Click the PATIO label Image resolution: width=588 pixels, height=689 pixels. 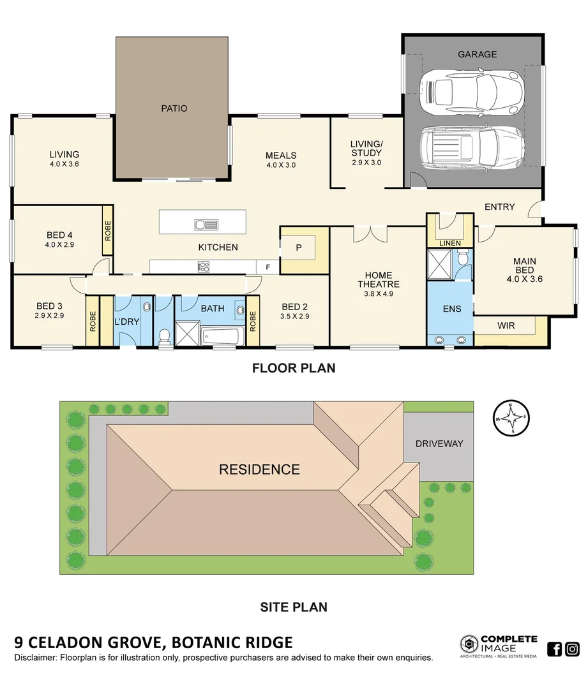174,108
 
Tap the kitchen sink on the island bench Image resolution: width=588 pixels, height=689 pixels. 206,225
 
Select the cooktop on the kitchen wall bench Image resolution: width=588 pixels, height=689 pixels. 204,267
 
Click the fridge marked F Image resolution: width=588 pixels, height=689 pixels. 267,267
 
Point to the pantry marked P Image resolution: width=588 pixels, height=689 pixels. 298,248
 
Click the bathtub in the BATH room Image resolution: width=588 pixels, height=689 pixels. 220,335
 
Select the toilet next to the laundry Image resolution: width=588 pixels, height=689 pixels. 165,336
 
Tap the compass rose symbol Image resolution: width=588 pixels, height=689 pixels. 510,419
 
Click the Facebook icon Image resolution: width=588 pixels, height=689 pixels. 555,649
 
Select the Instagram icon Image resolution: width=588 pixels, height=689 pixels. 573,649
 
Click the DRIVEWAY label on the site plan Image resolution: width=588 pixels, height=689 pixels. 439,443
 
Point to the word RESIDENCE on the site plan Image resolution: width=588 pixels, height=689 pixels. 259,470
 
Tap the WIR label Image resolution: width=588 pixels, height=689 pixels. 506,325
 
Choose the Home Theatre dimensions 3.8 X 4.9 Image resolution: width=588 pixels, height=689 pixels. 378,294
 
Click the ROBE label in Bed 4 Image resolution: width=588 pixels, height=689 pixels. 107,230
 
